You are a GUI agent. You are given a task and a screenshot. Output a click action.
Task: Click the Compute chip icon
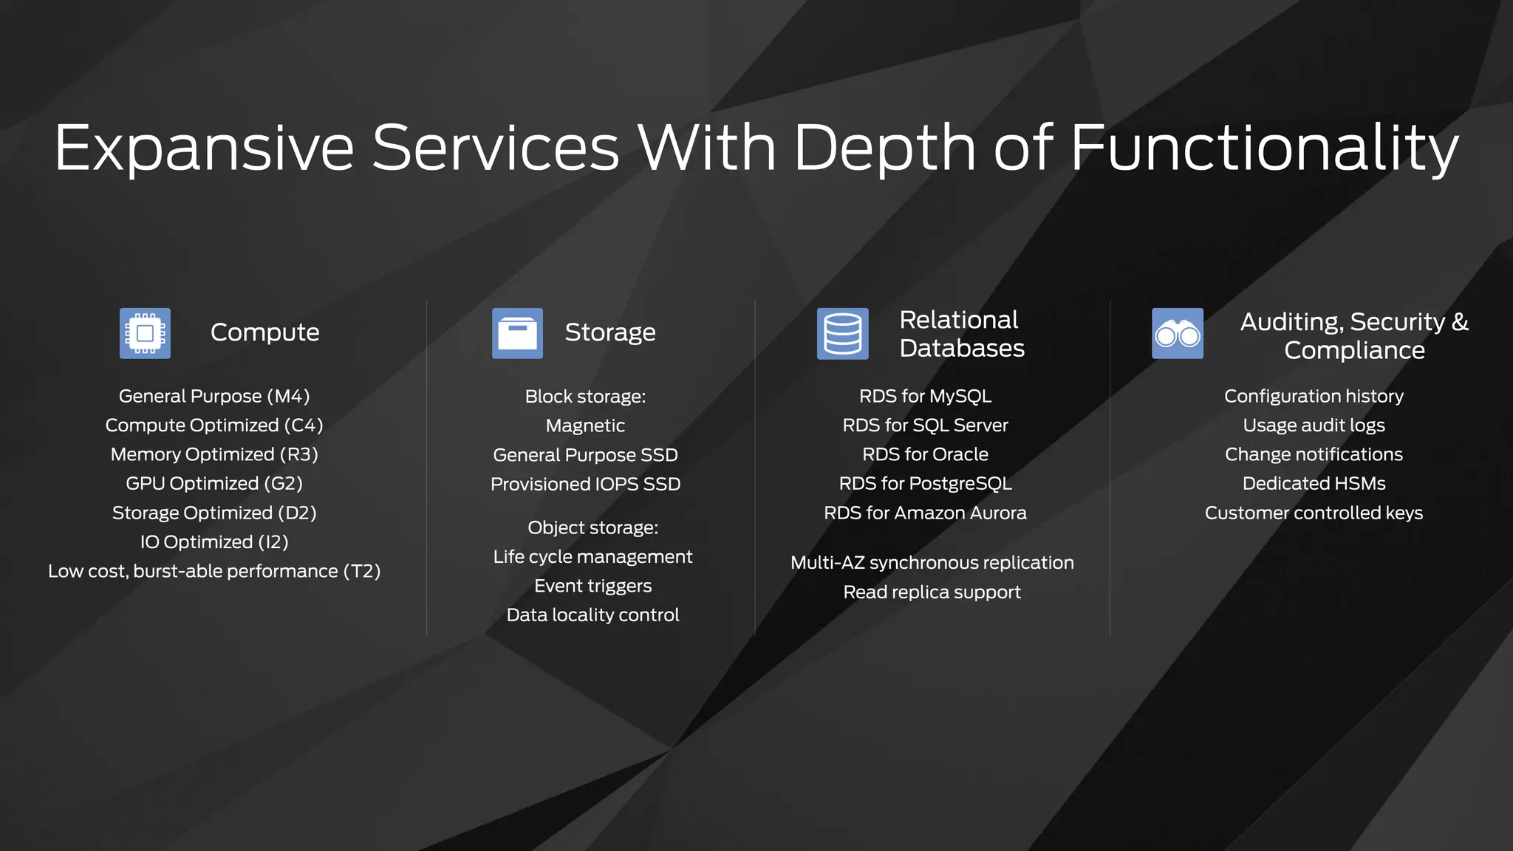[x=145, y=333]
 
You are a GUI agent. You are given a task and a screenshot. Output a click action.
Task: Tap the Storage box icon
[x=517, y=333]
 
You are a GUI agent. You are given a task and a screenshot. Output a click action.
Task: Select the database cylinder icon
[x=842, y=333]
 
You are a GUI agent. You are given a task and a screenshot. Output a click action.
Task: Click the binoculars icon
[x=1177, y=334]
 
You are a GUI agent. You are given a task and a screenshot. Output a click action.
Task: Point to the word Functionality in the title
[x=1264, y=148]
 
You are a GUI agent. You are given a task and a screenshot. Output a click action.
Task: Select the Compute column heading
[x=264, y=332]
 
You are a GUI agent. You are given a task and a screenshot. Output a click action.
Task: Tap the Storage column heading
[x=609, y=332]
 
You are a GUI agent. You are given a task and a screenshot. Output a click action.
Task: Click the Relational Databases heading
[x=961, y=334]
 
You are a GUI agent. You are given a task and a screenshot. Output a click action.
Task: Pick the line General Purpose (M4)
[x=214, y=397]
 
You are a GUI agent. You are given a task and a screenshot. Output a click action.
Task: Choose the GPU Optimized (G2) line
[x=214, y=484]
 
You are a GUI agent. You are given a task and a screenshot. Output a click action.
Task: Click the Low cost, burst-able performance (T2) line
[x=214, y=571]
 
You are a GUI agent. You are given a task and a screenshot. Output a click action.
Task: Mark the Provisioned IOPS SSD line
[x=585, y=485]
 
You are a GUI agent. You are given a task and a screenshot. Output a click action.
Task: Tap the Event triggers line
[x=592, y=586]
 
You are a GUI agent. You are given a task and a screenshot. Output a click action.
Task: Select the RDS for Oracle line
[x=925, y=454]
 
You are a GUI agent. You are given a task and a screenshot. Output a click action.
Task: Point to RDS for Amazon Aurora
[x=925, y=513]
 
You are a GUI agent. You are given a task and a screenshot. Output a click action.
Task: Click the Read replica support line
[x=932, y=592]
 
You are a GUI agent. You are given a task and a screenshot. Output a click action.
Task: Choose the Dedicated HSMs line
[x=1314, y=484]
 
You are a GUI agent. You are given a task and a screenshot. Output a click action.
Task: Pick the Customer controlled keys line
[x=1314, y=513]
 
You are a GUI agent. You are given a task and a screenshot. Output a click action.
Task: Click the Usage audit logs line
[x=1314, y=425]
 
